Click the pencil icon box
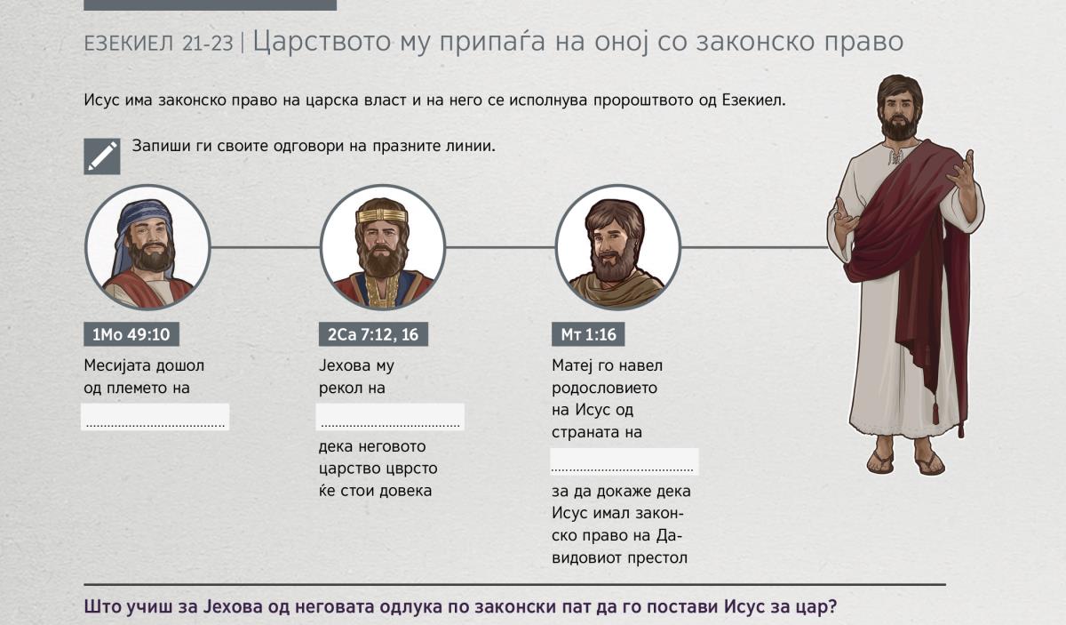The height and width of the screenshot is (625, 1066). (x=102, y=156)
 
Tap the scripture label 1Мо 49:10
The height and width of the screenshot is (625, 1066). (x=131, y=334)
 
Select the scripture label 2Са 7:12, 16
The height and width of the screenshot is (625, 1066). (x=373, y=334)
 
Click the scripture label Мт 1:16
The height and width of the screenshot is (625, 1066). (x=588, y=334)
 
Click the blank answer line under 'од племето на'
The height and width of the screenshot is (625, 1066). (x=155, y=417)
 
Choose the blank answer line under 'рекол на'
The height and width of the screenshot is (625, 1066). (x=390, y=417)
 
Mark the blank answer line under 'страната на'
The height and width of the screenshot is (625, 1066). (x=624, y=461)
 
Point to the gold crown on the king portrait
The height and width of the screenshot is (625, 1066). (x=382, y=216)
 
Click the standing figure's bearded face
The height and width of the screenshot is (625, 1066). (x=898, y=115)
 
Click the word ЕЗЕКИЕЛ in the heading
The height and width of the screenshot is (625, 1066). (x=129, y=44)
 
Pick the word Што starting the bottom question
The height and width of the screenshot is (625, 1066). (x=101, y=607)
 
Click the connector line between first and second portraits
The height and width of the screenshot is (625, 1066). (x=265, y=247)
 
